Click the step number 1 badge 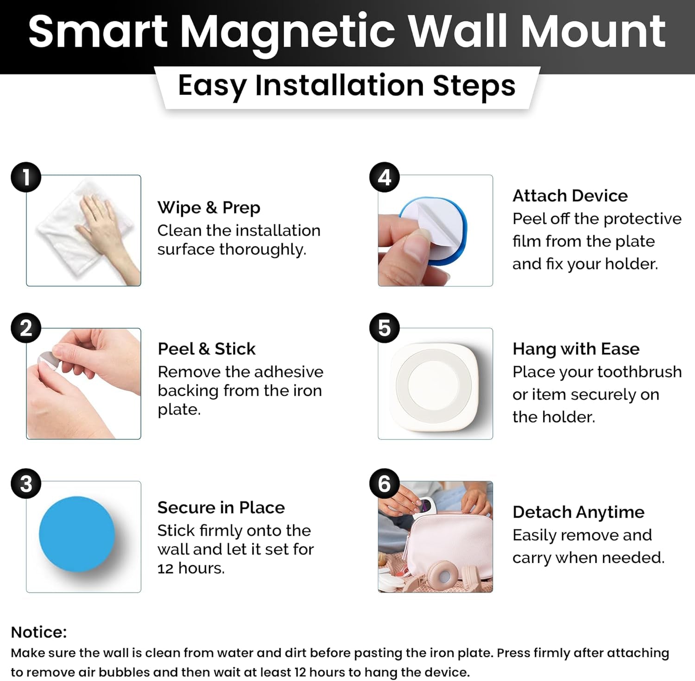(26, 177)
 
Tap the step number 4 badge (385, 177)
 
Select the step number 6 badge (385, 484)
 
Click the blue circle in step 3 (77, 534)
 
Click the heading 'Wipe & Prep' (208, 207)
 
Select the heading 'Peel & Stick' (206, 349)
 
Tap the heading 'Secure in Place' (221, 507)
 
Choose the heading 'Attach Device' (570, 195)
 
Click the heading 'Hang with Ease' (576, 349)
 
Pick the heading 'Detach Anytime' (578, 512)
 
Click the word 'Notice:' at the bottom (39, 632)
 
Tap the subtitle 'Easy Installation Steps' (347, 86)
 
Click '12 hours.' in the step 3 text (191, 568)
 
